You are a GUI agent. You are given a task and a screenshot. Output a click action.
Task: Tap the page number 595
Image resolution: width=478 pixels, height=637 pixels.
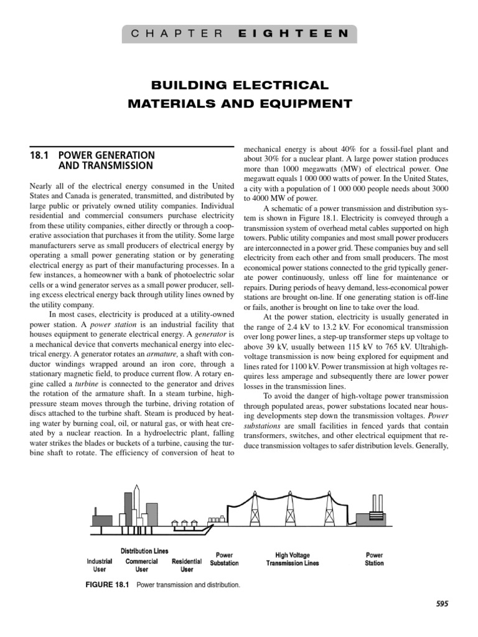442,603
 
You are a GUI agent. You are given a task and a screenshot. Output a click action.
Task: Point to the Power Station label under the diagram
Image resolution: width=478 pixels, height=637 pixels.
375,559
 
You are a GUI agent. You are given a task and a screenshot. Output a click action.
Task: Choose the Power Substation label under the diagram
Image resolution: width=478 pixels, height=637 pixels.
224,559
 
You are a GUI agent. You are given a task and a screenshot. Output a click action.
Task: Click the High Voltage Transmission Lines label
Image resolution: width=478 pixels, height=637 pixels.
293,559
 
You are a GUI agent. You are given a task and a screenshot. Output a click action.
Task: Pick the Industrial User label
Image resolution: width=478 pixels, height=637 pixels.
100,564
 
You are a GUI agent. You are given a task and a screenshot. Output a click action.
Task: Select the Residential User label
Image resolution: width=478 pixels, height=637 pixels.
187,564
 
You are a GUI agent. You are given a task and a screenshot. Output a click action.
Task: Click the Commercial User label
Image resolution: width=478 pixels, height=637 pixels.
142,564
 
